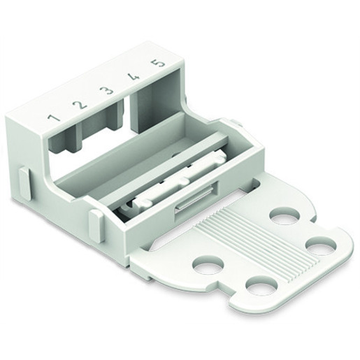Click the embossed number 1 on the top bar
[54, 117]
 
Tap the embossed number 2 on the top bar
[80, 105]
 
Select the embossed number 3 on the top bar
[107, 91]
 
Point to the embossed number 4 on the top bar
[133, 78]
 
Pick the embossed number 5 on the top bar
[158, 64]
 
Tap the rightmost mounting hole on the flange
[321, 245]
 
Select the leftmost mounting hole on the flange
[208, 265]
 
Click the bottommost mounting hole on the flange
[262, 285]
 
